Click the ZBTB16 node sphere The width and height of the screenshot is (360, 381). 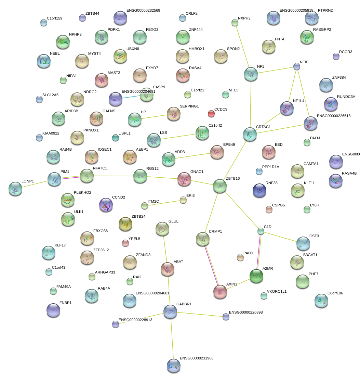220,186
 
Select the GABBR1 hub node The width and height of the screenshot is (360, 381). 170,311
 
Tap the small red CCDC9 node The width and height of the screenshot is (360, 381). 211,113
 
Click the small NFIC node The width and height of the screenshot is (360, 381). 297,66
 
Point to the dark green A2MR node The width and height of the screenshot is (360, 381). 256,276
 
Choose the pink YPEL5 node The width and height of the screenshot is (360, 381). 125,243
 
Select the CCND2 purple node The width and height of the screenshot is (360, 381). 106,205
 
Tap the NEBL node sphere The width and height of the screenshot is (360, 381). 44,61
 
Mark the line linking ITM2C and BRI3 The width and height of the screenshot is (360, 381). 164,203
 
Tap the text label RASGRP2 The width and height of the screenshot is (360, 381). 322,29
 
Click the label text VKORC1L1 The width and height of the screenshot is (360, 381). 277,291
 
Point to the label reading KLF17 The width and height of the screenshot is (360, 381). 60,245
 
